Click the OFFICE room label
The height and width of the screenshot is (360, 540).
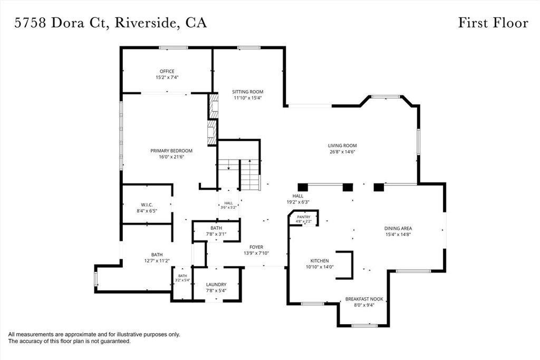click(167, 71)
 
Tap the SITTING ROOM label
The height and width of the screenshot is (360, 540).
click(248, 92)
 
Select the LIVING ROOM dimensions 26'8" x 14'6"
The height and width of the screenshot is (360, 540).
click(342, 151)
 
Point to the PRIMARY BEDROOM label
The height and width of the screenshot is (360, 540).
click(171, 151)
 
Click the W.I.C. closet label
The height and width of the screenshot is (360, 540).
click(147, 205)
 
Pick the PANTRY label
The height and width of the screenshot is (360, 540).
click(304, 217)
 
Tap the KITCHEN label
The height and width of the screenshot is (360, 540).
click(320, 261)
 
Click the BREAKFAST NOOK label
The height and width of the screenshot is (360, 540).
click(364, 299)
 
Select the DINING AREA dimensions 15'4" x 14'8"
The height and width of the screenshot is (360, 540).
click(398, 235)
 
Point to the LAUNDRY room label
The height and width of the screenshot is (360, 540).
click(216, 285)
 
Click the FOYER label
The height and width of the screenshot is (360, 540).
click(256, 247)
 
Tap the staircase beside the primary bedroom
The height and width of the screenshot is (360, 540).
click(238, 174)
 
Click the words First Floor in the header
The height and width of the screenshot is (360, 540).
click(493, 23)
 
